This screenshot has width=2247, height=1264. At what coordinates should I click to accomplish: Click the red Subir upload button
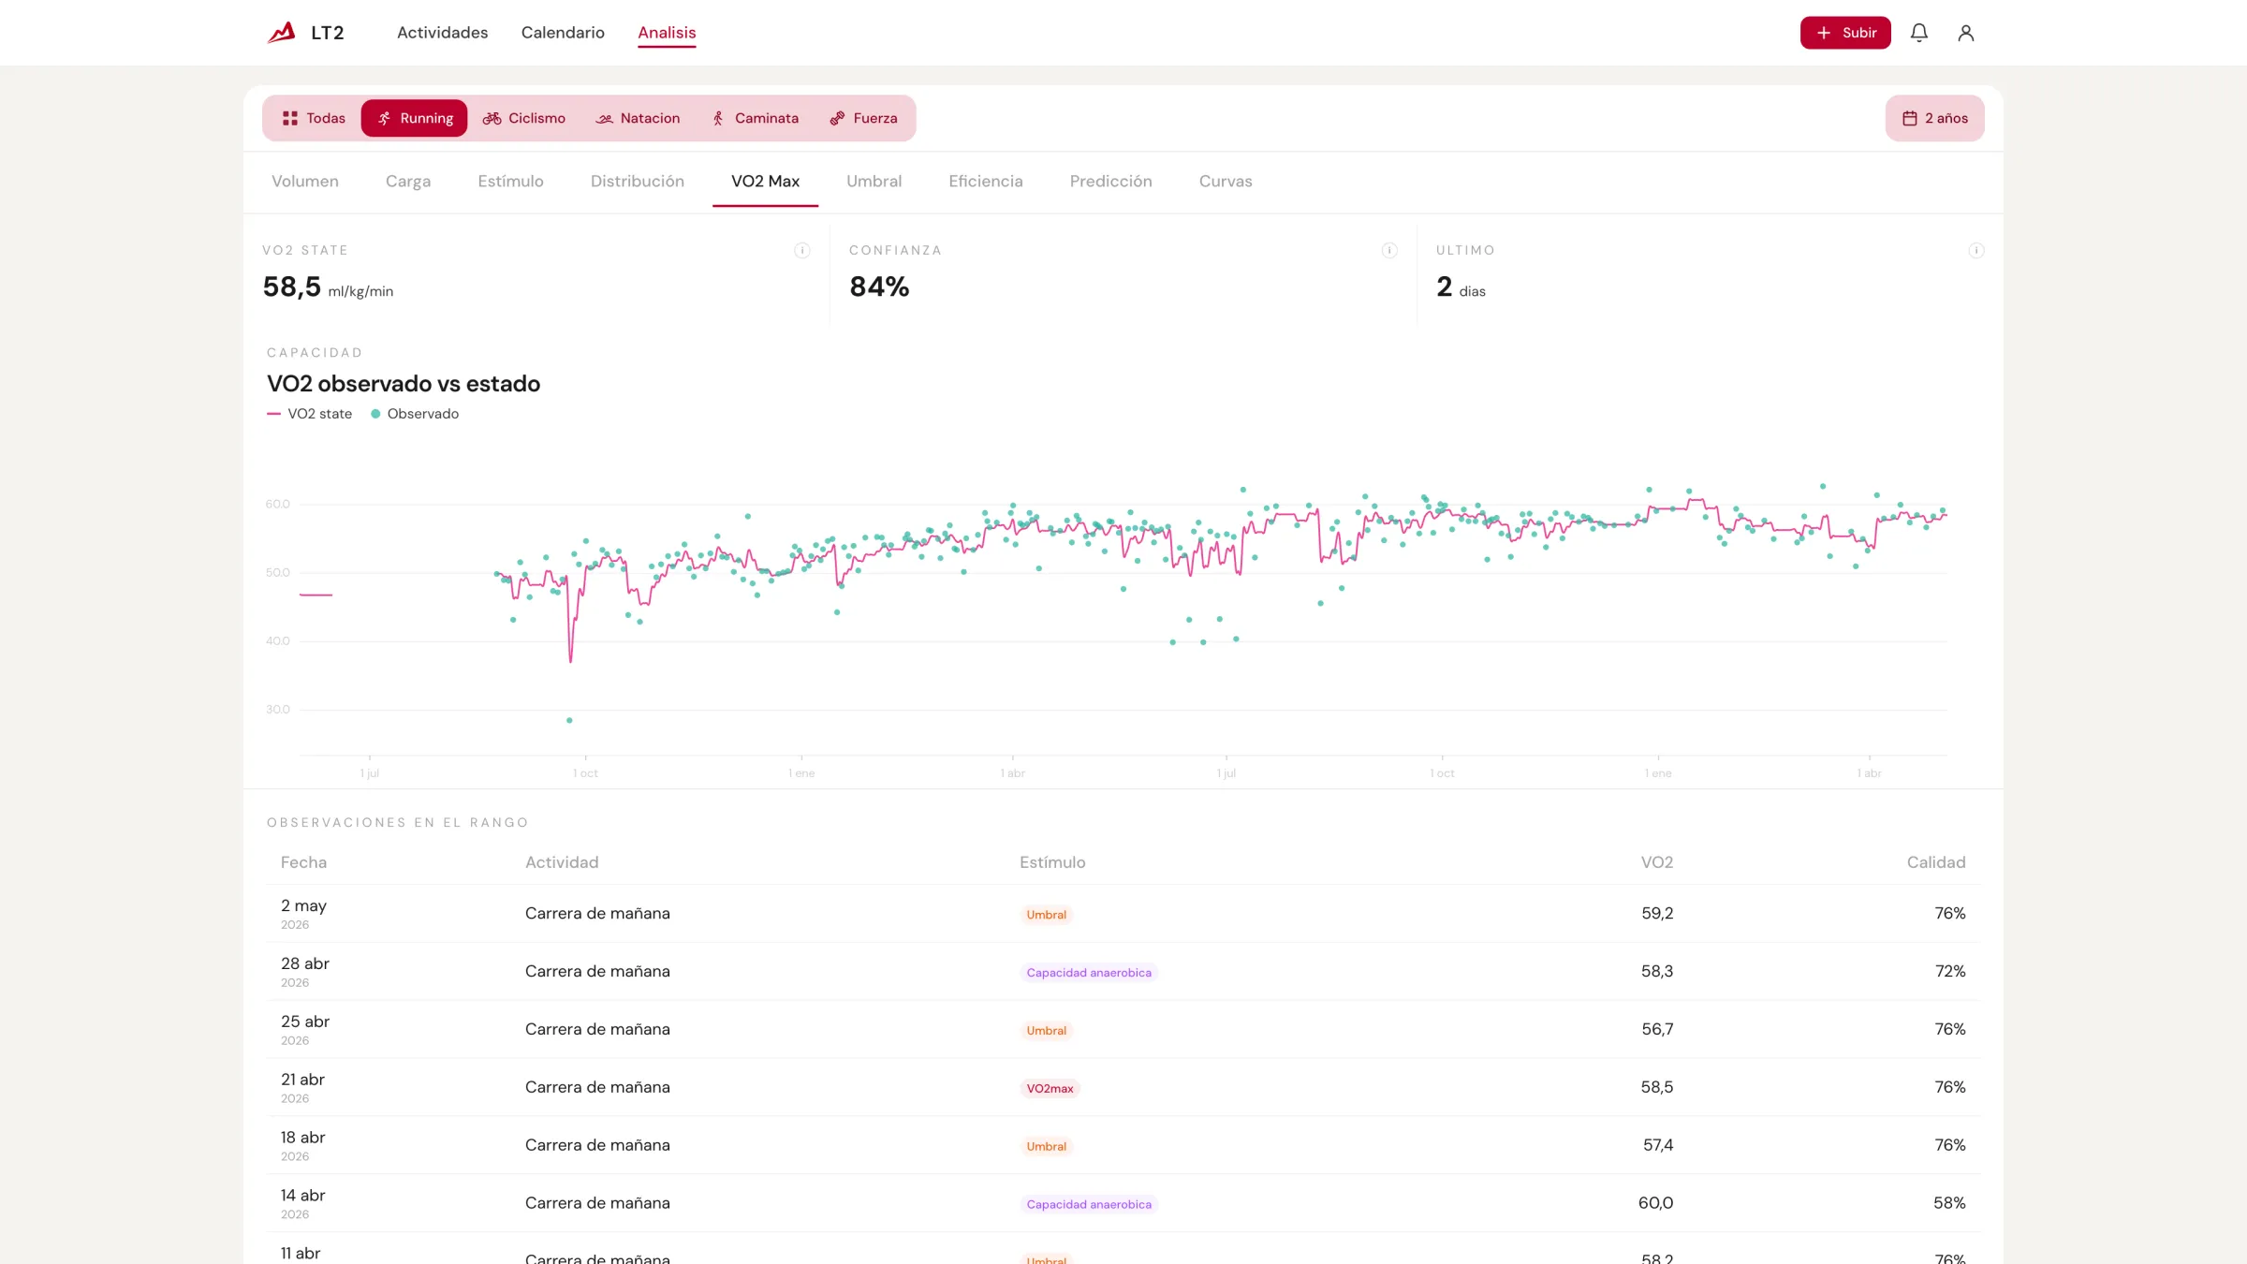click(1845, 33)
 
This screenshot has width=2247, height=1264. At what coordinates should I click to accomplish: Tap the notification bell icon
click(1919, 33)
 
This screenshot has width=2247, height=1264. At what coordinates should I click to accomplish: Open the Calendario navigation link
click(563, 33)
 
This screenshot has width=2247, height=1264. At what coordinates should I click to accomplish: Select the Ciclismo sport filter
click(524, 118)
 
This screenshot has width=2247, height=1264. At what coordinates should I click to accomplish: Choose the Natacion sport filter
click(638, 118)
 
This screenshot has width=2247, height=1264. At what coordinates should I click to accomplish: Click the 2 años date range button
click(1934, 118)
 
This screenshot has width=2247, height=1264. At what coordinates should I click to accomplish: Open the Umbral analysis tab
click(874, 182)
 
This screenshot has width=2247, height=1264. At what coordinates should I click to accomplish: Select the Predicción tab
click(1110, 182)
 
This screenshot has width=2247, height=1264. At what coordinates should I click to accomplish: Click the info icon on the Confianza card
click(1389, 250)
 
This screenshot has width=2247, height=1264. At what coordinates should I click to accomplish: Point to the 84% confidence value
click(879, 287)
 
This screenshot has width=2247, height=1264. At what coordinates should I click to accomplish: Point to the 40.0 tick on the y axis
click(278, 641)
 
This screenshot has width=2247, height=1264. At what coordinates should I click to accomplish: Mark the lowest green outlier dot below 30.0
click(569, 721)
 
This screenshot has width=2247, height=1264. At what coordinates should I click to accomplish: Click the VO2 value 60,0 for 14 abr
click(1655, 1203)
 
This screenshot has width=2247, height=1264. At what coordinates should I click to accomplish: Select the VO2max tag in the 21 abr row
click(1050, 1089)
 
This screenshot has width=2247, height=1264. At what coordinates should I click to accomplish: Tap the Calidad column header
click(1936, 862)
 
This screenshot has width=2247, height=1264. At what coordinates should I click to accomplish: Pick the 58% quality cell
click(1949, 1203)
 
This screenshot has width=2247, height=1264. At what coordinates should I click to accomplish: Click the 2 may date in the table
click(303, 905)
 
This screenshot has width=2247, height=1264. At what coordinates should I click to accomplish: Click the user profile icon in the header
click(1966, 33)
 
